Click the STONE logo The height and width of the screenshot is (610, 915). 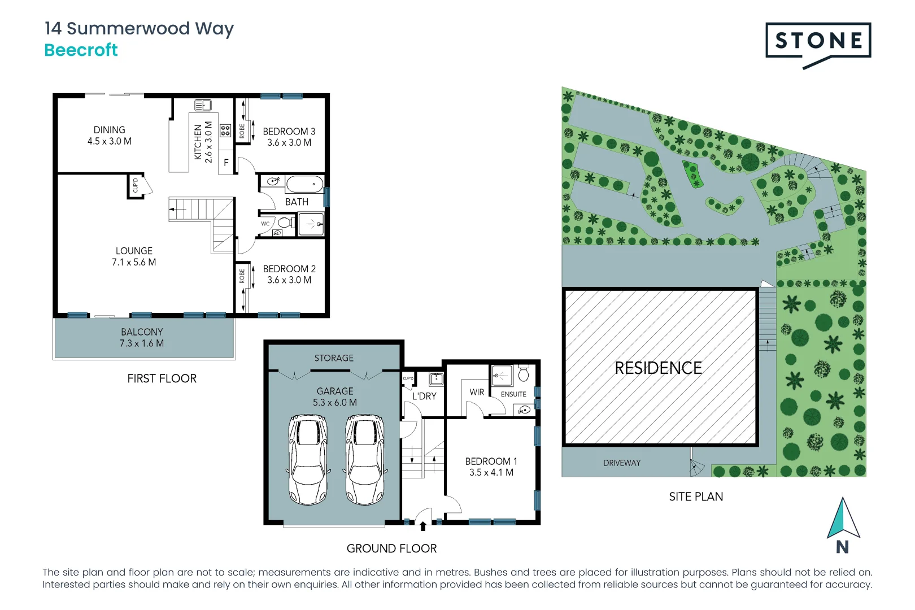pos(818,41)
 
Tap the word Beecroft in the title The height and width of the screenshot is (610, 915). pos(81,50)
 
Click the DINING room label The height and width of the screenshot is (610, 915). pos(110,130)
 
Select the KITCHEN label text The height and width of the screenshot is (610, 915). pos(198,142)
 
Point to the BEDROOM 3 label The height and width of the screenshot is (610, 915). pos(289,132)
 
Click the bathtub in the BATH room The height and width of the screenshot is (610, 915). pos(304,184)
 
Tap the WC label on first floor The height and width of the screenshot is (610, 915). pos(265,224)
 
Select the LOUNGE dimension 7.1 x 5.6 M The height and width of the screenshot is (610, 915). pos(134,262)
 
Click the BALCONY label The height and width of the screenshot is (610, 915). pos(142,332)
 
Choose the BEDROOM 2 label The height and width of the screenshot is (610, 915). pos(289,269)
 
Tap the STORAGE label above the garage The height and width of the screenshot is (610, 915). pos(334,358)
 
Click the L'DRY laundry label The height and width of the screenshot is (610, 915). pos(424,396)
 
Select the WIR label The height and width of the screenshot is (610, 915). pos(477,392)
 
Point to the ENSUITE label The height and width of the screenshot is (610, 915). pos(513,394)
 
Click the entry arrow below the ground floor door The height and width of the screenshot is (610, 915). pos(423,526)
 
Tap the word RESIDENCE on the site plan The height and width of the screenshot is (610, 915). pos(658,368)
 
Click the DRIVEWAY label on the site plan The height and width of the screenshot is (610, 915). pos(622,463)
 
